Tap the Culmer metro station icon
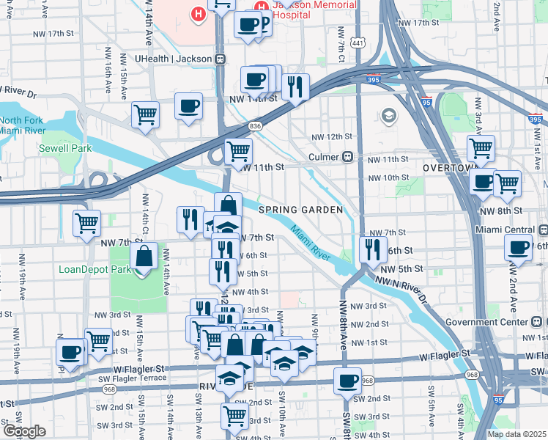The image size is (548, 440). [x=349, y=157]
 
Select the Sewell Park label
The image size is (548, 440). [x=65, y=148]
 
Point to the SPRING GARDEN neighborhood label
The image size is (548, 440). [x=300, y=210]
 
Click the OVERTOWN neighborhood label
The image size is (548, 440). [x=444, y=168]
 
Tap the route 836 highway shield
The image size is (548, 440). [x=254, y=126]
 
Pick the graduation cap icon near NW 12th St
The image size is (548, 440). [x=388, y=116]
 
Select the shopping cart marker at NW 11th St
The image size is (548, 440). [x=238, y=152]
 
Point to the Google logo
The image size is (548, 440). [x=24, y=431]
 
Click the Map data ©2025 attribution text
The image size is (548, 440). [x=516, y=434]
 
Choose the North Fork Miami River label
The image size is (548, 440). [x=22, y=125]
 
